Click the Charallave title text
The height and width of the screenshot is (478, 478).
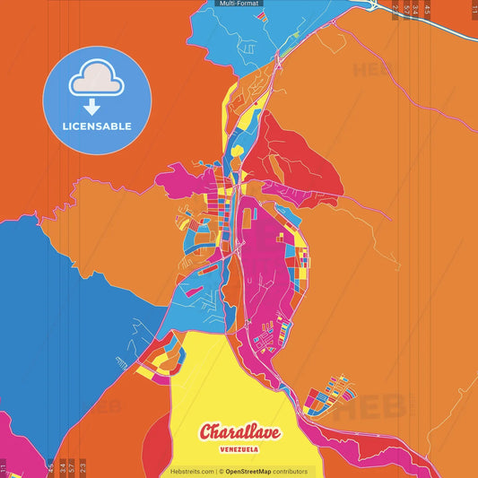(239, 432)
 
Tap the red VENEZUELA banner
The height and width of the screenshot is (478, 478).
(239, 451)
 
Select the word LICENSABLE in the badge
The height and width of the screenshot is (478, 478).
(97, 126)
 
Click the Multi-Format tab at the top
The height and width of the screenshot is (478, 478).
(239, 4)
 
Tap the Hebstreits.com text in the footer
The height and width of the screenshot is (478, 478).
(192, 471)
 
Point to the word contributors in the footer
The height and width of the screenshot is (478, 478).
(291, 471)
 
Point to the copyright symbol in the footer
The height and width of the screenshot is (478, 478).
(220, 471)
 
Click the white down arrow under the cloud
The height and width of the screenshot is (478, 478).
(97, 106)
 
